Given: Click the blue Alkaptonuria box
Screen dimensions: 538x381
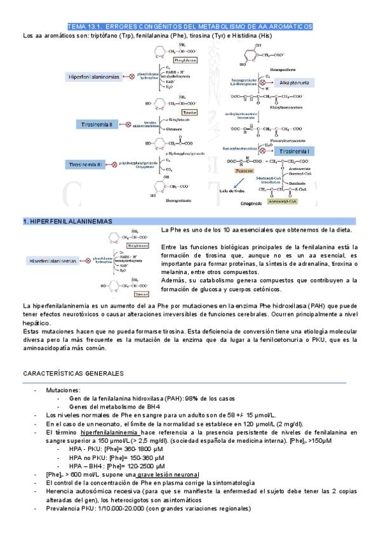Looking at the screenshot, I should point(295,83).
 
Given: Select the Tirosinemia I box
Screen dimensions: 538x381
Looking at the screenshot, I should point(294,152).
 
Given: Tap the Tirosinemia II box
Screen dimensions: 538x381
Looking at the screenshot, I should point(97,125).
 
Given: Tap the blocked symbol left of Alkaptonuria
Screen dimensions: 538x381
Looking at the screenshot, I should point(262,82).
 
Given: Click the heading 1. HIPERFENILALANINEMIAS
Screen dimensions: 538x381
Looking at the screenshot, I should point(68,221).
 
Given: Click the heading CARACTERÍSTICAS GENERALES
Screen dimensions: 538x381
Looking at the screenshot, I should point(74,373).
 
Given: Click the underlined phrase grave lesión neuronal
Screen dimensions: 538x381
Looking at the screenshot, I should point(167,475).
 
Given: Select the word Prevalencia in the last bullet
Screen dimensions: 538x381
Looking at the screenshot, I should point(64,508).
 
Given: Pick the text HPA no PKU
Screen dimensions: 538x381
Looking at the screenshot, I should point(87,458).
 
